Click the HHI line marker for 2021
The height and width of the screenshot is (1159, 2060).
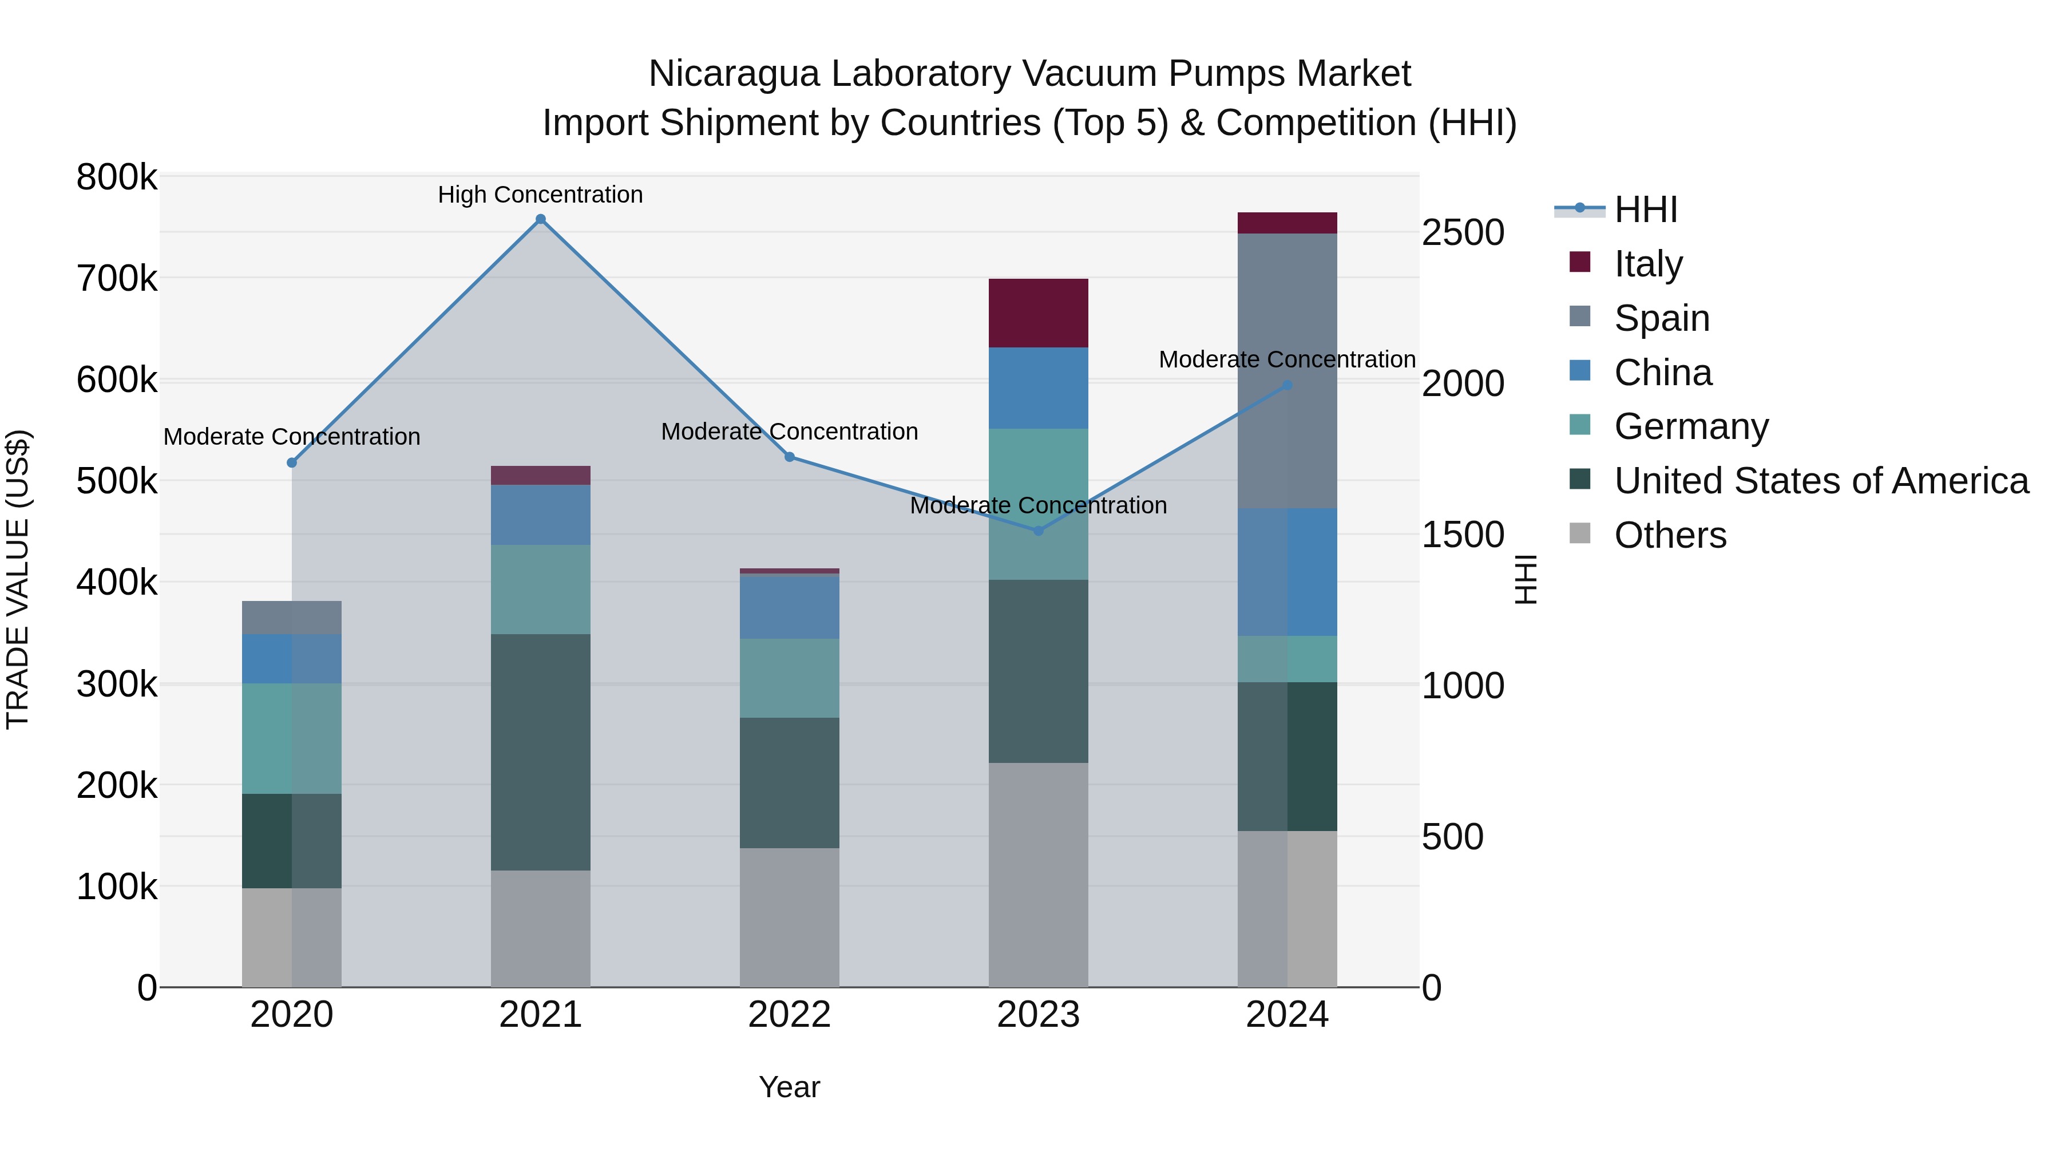[541, 219]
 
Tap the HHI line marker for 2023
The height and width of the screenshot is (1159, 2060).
[1038, 531]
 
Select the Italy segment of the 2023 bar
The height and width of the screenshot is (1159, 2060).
[1038, 313]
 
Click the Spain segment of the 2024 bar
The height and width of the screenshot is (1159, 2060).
[1287, 370]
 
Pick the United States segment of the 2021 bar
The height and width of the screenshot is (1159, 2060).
[541, 752]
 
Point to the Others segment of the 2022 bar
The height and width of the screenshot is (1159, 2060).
[789, 917]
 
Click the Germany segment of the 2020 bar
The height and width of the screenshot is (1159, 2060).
[291, 738]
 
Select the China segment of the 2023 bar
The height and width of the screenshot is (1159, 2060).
[1038, 388]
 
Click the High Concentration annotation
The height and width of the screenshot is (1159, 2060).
[541, 195]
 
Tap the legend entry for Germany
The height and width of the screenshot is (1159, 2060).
[1690, 426]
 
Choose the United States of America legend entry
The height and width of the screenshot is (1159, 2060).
[1820, 481]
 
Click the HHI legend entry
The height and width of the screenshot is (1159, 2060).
[1644, 209]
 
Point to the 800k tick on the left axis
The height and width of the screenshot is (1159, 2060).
[117, 177]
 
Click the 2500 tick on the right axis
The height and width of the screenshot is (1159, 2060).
[1463, 233]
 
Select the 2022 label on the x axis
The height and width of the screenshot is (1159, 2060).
[789, 1015]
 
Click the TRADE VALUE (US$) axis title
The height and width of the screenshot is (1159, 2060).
[18, 579]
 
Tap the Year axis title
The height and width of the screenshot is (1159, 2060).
[789, 1087]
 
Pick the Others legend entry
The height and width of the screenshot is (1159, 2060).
[1670, 535]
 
